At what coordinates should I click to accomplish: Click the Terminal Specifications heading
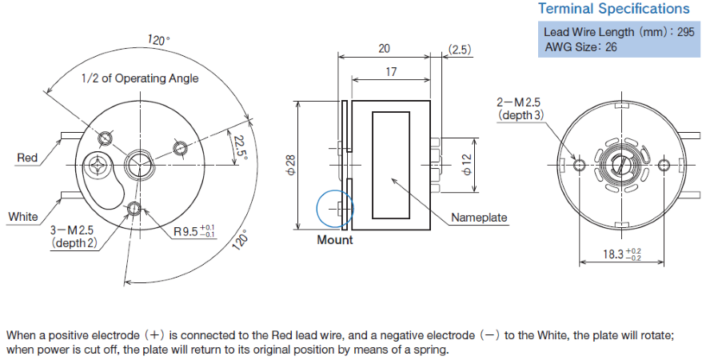coord(613,9)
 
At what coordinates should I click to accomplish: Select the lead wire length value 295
coord(685,32)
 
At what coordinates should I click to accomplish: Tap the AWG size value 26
coord(611,46)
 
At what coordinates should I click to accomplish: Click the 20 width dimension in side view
coord(384,49)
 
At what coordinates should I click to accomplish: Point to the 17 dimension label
coord(391,71)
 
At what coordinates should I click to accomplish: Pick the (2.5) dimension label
coord(460,49)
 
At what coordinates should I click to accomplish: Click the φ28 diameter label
coord(291,164)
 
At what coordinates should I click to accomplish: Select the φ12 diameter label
coord(467,164)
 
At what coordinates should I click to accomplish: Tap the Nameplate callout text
coord(479,218)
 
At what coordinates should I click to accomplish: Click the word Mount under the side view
coord(335,239)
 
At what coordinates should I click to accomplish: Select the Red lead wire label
coord(27,158)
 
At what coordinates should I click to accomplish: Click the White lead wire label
coord(23,217)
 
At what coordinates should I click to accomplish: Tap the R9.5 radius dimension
coord(195,231)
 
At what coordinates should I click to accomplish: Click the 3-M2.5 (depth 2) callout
coord(74,236)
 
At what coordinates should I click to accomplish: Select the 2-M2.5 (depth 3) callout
coord(520,109)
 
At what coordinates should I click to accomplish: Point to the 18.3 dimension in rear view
coord(622,254)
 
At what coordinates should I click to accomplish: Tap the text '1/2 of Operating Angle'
coord(140,78)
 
